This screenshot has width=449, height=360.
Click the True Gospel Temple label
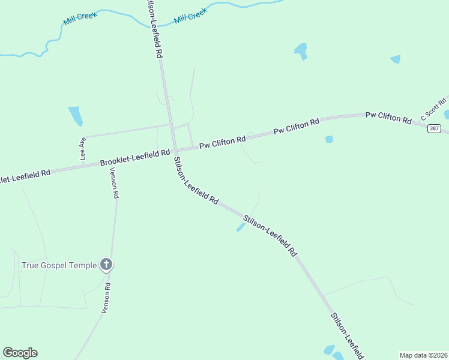(59, 265)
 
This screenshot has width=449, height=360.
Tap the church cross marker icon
(106, 264)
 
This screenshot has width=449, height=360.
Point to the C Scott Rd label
(433, 108)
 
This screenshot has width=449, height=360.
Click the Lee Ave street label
(83, 148)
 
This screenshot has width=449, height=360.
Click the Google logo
(20, 353)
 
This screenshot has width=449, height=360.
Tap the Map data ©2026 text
(423, 355)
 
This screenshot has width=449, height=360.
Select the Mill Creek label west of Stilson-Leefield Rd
(80, 19)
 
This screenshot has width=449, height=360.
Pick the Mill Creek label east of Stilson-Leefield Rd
(190, 16)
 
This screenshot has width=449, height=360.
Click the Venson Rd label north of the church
(114, 182)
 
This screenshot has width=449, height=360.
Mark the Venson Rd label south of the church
(107, 299)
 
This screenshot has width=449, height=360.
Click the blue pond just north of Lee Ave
(76, 116)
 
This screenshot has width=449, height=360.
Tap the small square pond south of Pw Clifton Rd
(329, 139)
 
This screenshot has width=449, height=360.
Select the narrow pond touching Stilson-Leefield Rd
(241, 227)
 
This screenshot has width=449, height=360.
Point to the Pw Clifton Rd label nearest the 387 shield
(388, 117)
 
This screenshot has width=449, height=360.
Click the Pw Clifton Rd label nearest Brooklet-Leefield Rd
(223, 142)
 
